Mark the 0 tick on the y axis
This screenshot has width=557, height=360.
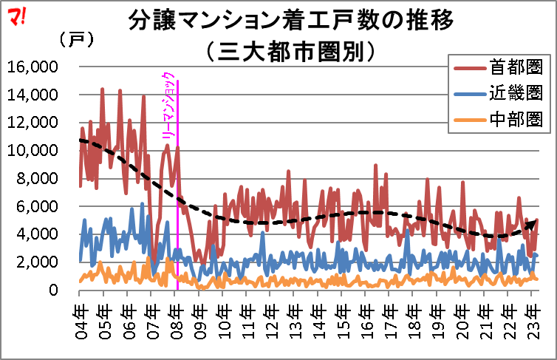click(x=53, y=290)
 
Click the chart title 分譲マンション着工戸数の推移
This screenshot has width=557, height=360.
click(x=290, y=20)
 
